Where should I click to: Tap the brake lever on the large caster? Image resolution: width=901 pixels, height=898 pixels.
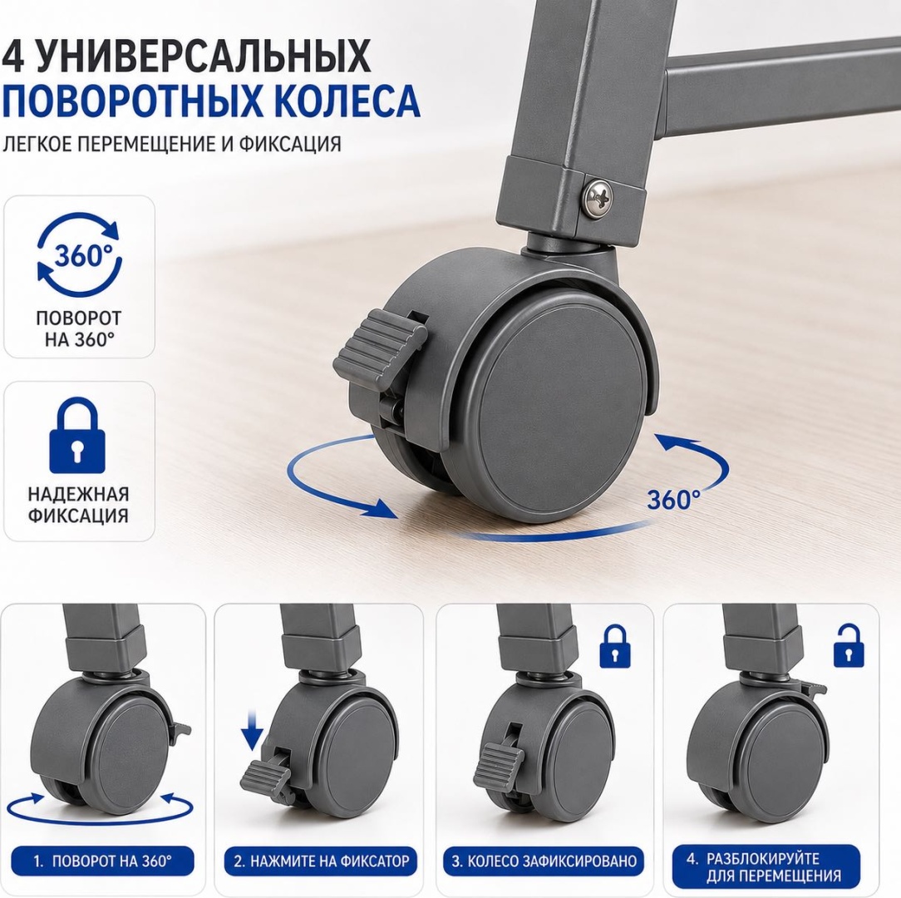coord(380,349)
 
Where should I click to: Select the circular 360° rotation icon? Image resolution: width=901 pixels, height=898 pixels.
coord(79,255)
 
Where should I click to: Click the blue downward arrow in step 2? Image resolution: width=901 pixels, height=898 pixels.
coord(252,731)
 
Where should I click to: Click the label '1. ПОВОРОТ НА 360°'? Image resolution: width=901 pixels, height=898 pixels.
coord(102,861)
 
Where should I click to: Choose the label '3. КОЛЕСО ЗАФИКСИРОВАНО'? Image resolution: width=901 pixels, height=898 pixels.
coord(543,861)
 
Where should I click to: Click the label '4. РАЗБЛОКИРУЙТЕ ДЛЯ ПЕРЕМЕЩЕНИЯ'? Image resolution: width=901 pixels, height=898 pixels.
coord(766,866)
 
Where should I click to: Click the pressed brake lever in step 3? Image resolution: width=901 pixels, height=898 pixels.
coord(498,766)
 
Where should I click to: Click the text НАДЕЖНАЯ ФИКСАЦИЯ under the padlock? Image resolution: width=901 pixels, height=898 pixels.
coord(78,504)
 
